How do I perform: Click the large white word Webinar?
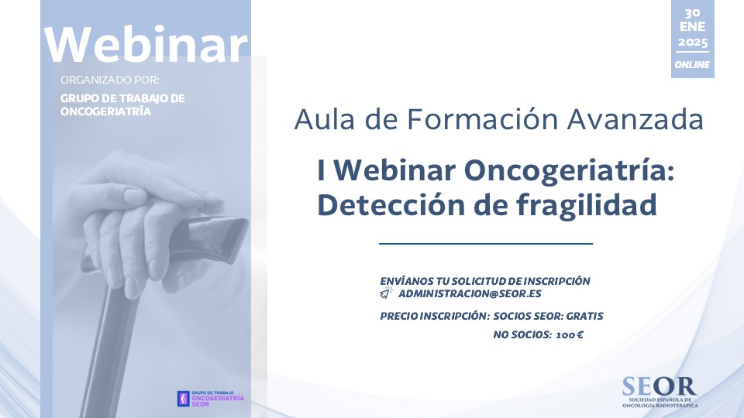pos(146,44)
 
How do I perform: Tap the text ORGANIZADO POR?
pos(110,80)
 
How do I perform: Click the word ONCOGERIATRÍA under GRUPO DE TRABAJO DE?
pos(106,111)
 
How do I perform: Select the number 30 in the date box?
pos(692,13)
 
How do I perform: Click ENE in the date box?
pos(692,26)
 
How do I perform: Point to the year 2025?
pos(692,43)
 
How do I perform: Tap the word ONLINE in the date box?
pos(692,64)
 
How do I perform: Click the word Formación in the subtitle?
pos(483,119)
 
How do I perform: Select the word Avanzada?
pos(635,119)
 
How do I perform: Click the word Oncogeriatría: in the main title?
pos(569,170)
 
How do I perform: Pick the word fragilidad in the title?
pos(587,204)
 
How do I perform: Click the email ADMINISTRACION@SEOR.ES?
pos(470,294)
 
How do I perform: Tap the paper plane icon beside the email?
pos(386,293)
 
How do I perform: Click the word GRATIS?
pos(584,316)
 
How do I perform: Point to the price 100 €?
pos(570,335)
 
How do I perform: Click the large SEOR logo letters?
pos(659,387)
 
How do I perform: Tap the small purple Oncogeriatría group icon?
pos(183,399)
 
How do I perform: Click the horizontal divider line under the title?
pos(486,244)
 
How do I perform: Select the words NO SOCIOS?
pos(522,335)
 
